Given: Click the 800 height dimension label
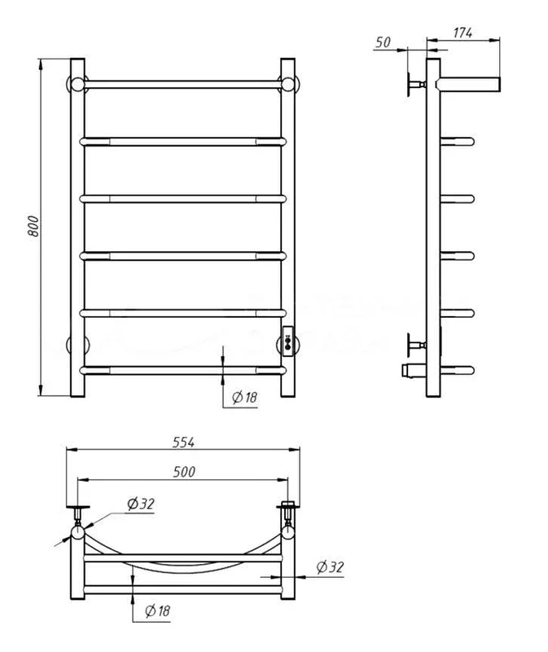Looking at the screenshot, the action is click(33, 227).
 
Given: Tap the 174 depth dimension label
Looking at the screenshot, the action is click(463, 33).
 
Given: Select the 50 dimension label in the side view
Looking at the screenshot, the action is click(383, 42).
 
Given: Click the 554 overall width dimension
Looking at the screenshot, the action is click(183, 442).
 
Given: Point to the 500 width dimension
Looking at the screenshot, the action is click(184, 472).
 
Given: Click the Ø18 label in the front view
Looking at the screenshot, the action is click(245, 398).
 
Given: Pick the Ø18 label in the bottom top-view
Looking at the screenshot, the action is click(157, 610).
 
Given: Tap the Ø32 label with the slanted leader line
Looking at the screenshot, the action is click(141, 504).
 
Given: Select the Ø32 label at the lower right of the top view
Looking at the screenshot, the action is click(331, 566).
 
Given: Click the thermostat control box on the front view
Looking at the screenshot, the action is click(288, 341).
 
